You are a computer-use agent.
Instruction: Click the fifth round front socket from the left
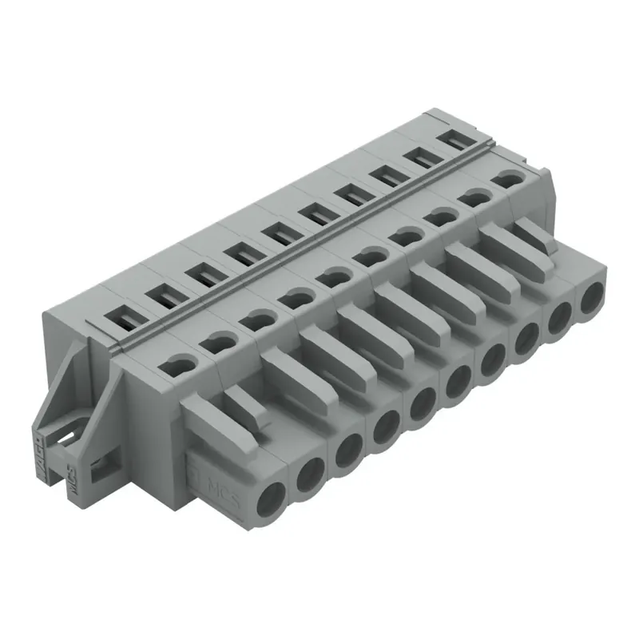(x=421, y=404)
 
